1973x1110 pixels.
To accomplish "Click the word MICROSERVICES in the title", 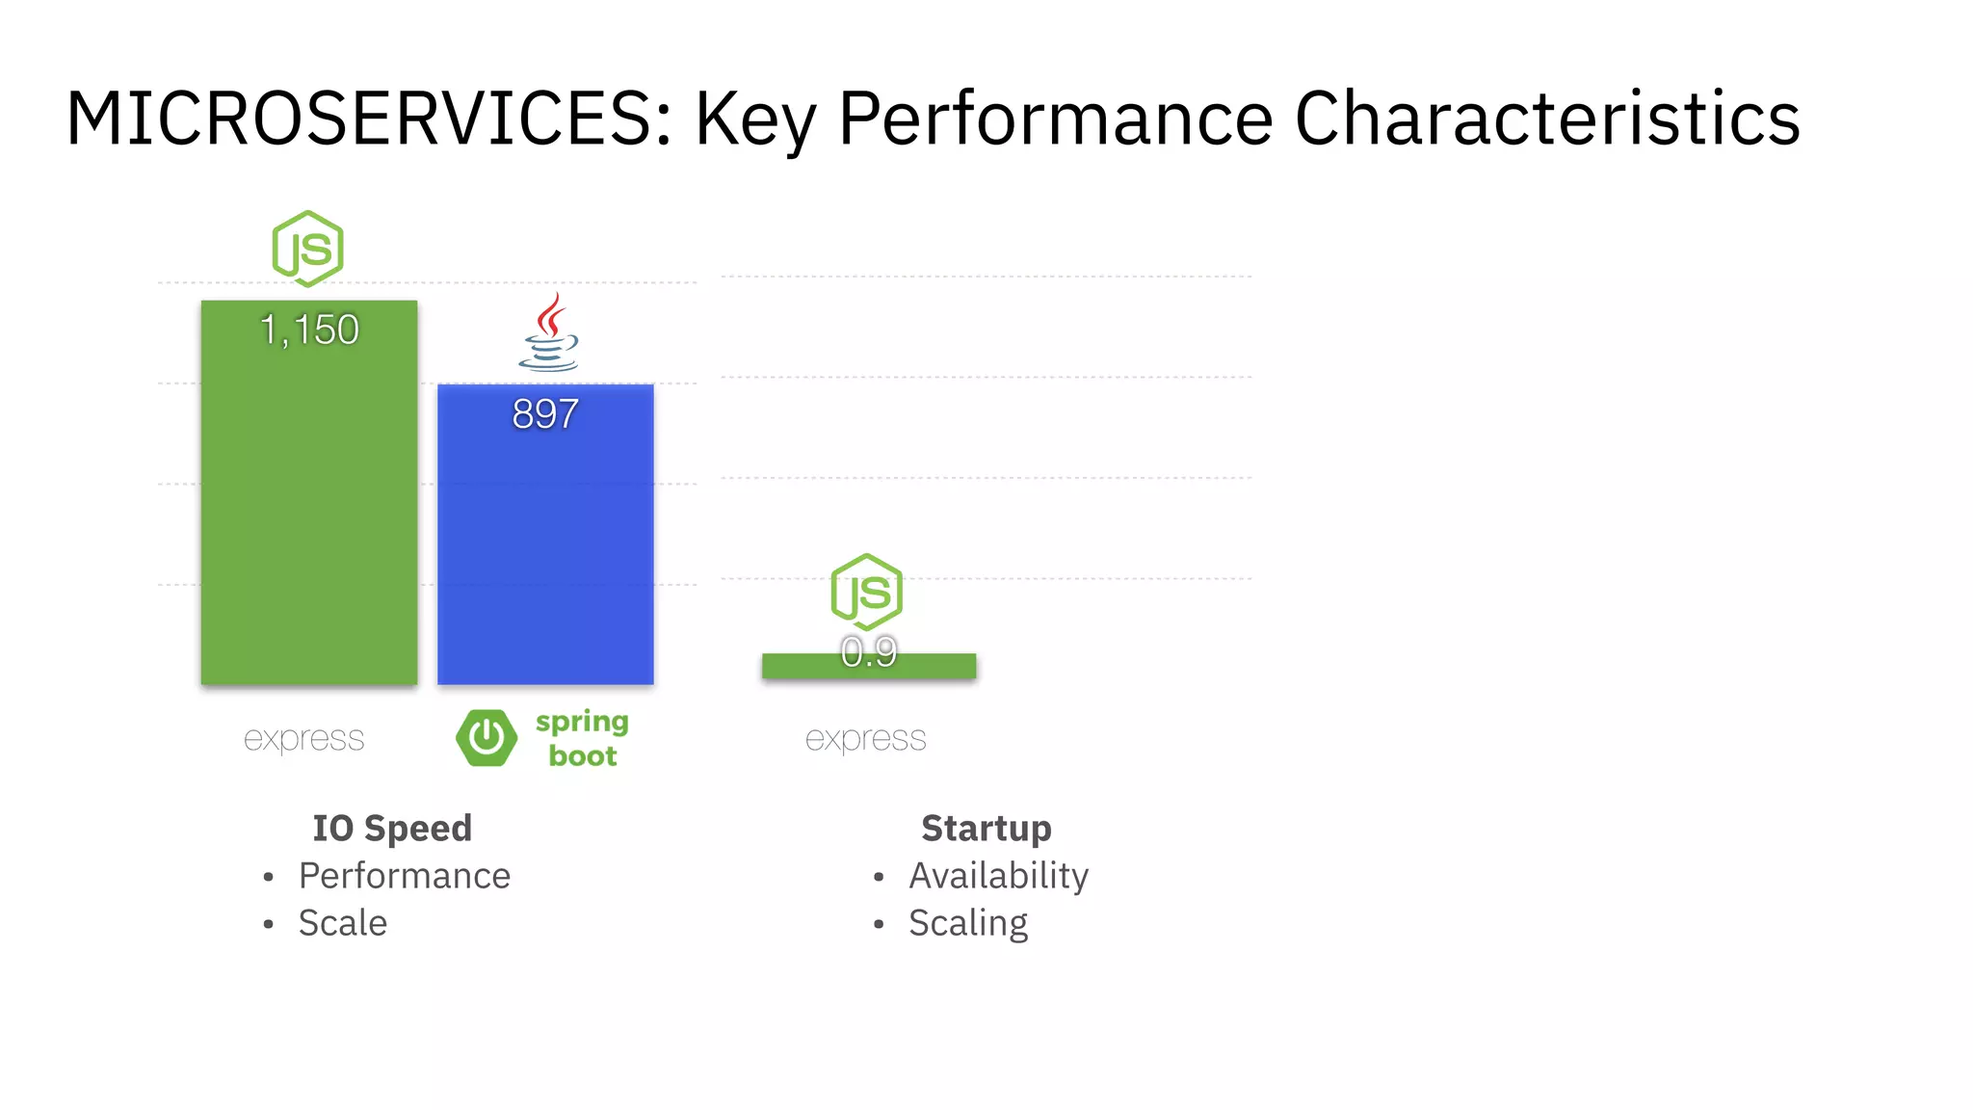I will click(x=369, y=119).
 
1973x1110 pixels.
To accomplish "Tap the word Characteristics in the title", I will click(x=1546, y=119).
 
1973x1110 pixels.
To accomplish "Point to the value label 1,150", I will click(x=309, y=330).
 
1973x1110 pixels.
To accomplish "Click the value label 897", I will click(x=545, y=414).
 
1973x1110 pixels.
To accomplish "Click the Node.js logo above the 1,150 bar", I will click(x=307, y=249).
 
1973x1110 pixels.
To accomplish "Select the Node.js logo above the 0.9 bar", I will click(x=866, y=591).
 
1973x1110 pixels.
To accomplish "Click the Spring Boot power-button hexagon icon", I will click(x=487, y=738).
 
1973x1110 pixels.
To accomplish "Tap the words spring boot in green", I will click(x=582, y=738).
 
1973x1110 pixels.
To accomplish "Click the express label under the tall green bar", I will click(x=303, y=739).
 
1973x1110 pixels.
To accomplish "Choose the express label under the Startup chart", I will click(x=865, y=739).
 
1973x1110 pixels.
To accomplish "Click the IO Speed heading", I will click(x=392, y=829).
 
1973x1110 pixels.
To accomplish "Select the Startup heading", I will click(x=986, y=829).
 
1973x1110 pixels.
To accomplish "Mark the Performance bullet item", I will click(x=404, y=876).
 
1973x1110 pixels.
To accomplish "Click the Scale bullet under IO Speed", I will click(x=342, y=923).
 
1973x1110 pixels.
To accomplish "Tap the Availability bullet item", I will click(x=998, y=876).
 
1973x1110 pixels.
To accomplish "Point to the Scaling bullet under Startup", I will click(x=968, y=923).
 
